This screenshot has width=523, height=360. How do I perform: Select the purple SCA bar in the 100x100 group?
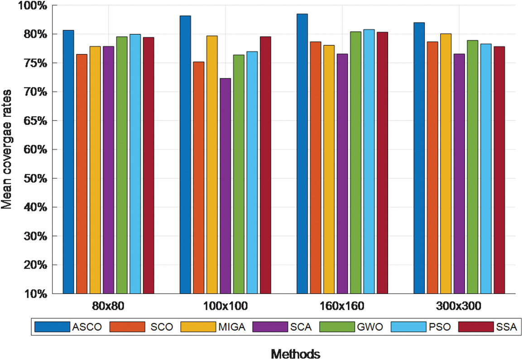[225, 186]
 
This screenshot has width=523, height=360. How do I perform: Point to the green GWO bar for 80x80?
[122, 165]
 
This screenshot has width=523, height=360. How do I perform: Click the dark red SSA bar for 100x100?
[265, 165]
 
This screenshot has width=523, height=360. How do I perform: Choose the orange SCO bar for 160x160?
[316, 168]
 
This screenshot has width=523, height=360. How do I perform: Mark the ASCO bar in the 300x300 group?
[419, 158]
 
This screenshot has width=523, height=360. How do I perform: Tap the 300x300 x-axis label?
[459, 307]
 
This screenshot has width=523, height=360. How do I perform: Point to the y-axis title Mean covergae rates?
[7, 149]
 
